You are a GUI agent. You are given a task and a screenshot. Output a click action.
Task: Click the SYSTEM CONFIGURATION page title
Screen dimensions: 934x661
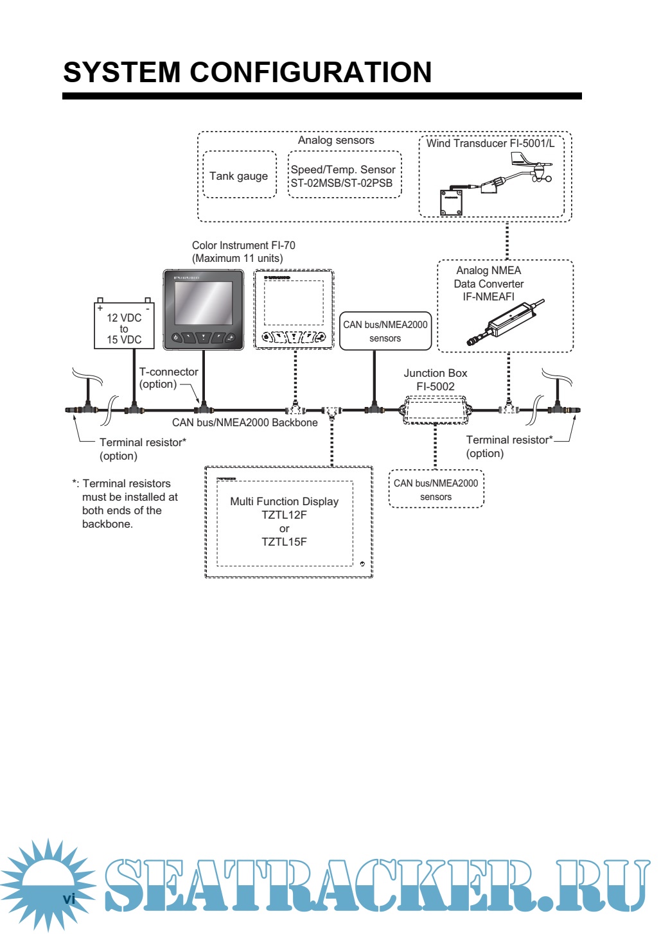tap(247, 73)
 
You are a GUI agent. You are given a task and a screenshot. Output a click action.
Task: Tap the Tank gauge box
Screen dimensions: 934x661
tap(239, 175)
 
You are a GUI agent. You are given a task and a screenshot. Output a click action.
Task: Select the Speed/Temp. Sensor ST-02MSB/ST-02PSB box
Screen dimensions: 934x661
tap(344, 175)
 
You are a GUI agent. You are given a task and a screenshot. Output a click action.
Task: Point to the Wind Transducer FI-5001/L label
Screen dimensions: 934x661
tap(490, 143)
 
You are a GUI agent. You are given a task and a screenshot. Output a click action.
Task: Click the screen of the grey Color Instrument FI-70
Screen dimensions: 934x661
tap(203, 302)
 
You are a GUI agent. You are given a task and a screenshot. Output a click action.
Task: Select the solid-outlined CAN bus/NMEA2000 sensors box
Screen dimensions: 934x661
tap(385, 331)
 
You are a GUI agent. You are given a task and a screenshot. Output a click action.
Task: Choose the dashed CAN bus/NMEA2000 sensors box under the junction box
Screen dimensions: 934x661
tap(436, 489)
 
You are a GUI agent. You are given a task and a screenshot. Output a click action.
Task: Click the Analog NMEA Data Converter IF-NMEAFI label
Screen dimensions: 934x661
tap(489, 283)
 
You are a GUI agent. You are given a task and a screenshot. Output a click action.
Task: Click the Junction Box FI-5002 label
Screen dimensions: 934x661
tap(436, 379)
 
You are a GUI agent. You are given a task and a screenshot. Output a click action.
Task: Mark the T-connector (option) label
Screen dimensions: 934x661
tap(168, 377)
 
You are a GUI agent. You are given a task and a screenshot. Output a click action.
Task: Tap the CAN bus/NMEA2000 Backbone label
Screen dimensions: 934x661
tap(245, 422)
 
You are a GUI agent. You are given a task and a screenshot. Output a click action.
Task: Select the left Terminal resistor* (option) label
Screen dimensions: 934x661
tap(143, 449)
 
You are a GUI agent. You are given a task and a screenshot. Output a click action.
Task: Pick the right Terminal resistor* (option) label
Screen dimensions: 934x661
tap(509, 446)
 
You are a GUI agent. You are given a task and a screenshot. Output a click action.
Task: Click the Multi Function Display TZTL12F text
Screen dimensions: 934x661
tap(285, 508)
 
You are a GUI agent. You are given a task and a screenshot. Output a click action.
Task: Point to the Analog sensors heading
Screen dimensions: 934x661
tap(336, 140)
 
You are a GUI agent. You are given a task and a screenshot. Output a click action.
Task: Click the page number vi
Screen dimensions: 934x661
tap(69, 898)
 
